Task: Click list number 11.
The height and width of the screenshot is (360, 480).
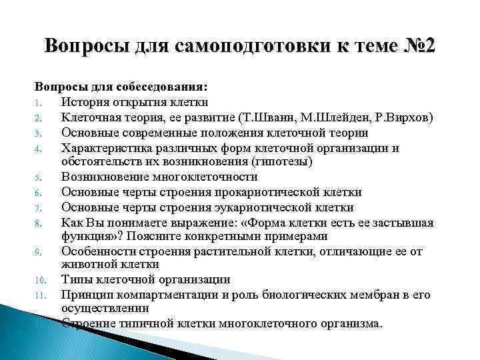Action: [39, 295]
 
